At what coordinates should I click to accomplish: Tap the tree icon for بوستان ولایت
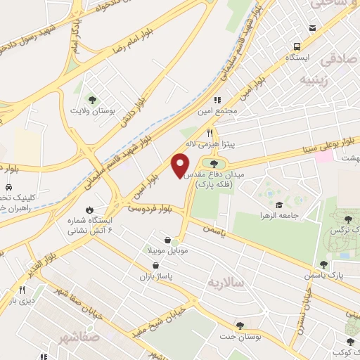91,100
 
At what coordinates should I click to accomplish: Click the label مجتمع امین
231,111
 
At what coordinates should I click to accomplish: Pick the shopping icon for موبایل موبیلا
167,240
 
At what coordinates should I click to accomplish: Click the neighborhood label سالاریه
224,283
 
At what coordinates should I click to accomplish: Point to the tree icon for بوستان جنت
240,326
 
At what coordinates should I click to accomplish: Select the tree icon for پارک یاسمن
324,264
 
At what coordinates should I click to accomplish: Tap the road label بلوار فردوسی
150,209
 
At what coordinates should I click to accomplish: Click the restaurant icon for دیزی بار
22,290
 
